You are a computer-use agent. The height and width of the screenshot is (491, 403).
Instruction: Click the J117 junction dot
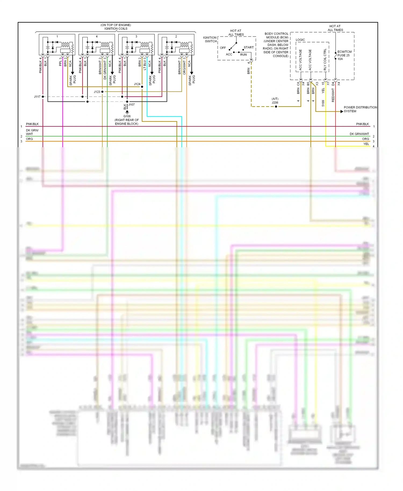click(43, 97)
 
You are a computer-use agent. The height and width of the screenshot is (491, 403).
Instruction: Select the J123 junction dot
click(102, 92)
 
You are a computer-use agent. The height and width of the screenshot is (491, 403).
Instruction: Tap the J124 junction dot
click(142, 87)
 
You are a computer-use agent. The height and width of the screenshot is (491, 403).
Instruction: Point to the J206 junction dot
click(276, 107)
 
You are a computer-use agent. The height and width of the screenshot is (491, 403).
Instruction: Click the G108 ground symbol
click(127, 112)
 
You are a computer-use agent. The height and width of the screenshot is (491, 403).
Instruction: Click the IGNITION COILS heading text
click(116, 29)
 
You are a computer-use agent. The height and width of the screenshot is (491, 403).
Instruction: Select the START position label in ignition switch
click(249, 48)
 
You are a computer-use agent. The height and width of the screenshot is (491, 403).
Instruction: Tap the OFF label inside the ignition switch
click(223, 48)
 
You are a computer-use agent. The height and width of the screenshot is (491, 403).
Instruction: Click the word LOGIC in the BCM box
click(300, 40)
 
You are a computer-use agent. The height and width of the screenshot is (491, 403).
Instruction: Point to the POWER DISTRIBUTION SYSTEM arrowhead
click(341, 111)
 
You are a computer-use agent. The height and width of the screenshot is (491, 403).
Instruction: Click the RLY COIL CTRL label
click(325, 60)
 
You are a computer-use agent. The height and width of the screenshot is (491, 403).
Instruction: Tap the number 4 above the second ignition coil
click(97, 37)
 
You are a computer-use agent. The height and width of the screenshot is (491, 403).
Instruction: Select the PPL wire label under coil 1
click(60, 62)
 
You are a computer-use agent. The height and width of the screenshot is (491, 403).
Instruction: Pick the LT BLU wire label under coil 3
click(145, 64)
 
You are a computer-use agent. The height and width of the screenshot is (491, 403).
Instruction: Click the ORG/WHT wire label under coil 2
click(184, 66)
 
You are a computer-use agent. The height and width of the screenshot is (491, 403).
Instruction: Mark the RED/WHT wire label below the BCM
click(333, 95)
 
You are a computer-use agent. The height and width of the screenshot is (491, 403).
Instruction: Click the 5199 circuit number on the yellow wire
click(323, 103)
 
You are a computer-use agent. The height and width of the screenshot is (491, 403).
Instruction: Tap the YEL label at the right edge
click(366, 144)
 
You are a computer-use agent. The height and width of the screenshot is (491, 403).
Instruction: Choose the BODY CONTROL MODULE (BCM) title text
click(276, 36)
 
